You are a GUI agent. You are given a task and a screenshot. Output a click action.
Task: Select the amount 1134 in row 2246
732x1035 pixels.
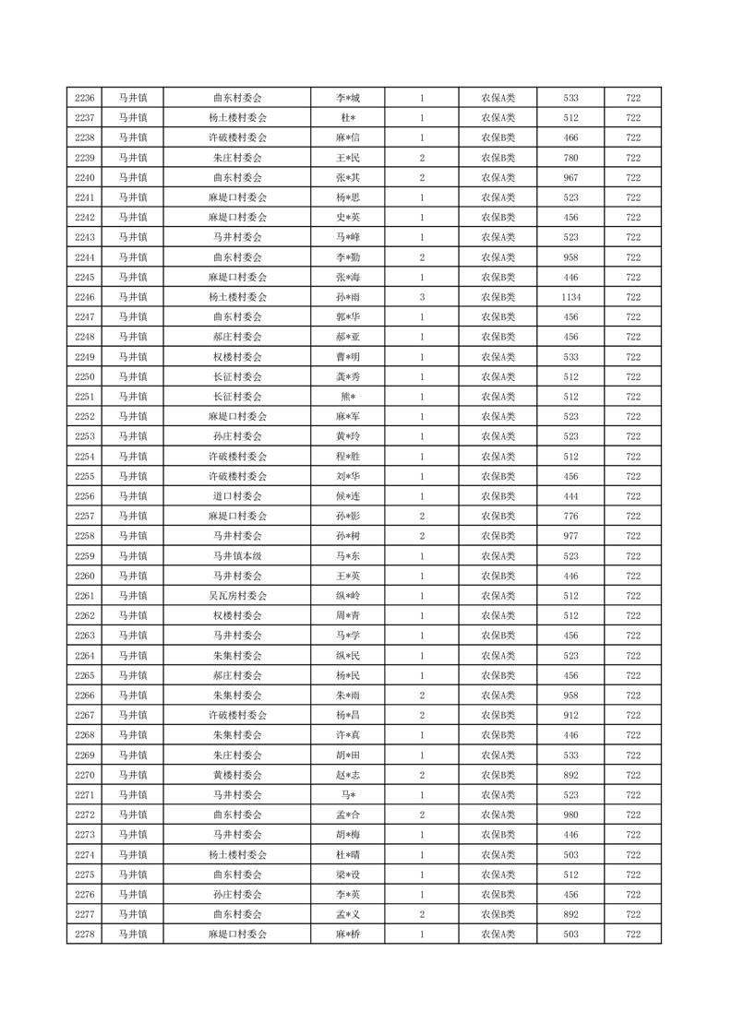point(570,297)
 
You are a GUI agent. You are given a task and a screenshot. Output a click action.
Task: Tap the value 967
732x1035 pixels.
point(570,177)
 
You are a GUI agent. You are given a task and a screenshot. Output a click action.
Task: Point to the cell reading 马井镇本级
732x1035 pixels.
point(237,556)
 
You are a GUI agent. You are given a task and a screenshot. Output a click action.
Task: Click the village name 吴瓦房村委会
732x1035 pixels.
point(237,596)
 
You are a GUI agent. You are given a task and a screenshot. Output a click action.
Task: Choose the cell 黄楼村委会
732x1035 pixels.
point(237,775)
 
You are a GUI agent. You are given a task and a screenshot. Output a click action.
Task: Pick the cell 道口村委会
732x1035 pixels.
point(237,496)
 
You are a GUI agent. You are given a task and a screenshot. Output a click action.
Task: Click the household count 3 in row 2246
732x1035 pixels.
point(422,297)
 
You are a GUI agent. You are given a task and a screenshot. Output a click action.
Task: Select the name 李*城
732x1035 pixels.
point(347,98)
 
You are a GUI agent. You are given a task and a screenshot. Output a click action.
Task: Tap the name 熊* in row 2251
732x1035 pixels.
point(347,397)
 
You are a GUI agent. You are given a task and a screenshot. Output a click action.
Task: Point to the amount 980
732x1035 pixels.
point(570,815)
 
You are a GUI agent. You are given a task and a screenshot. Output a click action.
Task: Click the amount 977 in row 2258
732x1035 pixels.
point(570,536)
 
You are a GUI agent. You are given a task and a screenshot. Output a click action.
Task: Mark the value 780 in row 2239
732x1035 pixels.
point(570,158)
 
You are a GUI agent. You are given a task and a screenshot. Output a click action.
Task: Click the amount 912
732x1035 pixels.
point(570,715)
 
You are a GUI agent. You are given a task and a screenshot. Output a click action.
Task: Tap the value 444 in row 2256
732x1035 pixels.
point(570,496)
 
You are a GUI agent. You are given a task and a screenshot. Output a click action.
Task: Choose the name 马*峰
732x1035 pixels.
point(347,237)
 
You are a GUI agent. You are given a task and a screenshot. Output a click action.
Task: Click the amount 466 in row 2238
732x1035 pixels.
point(570,137)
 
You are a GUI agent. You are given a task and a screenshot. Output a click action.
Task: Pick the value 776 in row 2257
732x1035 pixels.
point(570,516)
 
